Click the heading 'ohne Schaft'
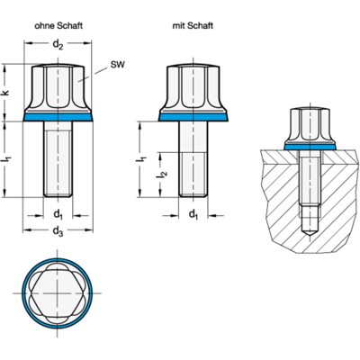tap(58, 27)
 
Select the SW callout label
tap(116, 65)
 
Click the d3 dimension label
tap(58, 233)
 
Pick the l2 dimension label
tap(163, 173)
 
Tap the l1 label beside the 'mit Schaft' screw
tap(143, 159)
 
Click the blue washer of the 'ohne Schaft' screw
tap(58, 117)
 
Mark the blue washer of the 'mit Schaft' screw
tap(194, 117)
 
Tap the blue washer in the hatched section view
tap(308, 145)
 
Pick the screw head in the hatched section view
tap(308, 124)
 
